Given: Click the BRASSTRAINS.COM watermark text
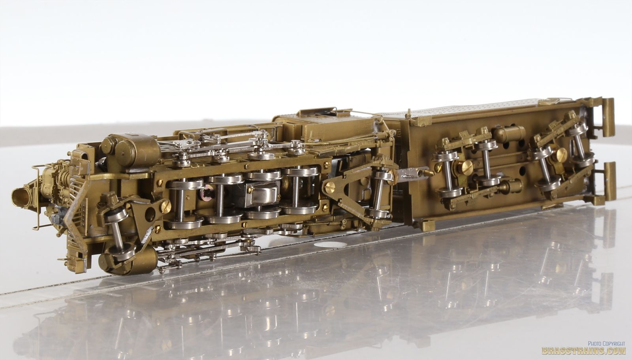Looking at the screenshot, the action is (583, 351).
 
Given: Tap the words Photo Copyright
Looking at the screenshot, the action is (606, 344).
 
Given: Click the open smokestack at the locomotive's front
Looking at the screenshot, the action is (21, 197).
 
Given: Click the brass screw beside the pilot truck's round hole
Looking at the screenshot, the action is (165, 206).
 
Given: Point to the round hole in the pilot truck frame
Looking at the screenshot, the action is (150, 215).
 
